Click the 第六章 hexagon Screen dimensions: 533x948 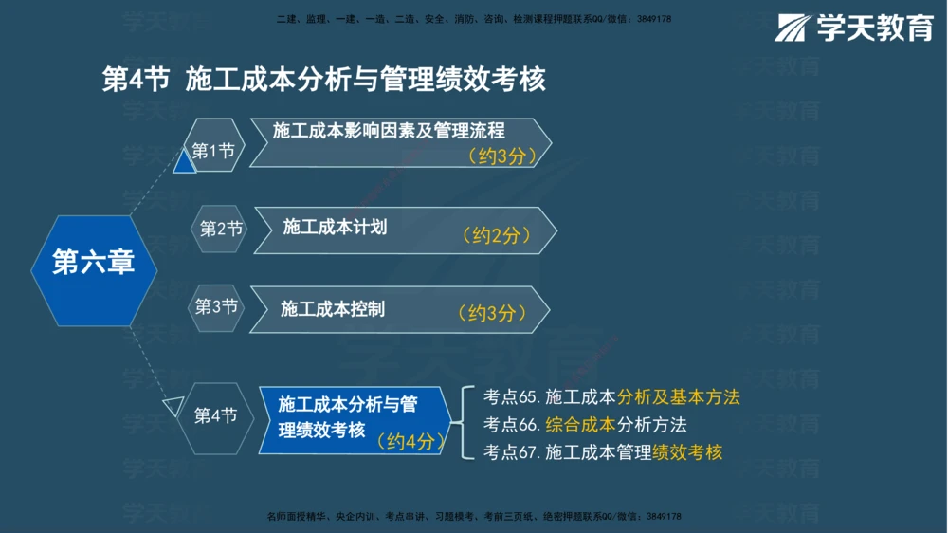click(x=93, y=262)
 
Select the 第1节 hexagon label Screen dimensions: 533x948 click(x=213, y=151)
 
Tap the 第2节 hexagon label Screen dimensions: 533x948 click(x=221, y=229)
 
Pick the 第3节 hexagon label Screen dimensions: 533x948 click(x=216, y=306)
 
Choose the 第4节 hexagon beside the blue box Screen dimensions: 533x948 click(x=215, y=415)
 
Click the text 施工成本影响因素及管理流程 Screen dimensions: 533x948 click(x=389, y=131)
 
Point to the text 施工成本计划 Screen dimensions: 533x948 click(x=335, y=228)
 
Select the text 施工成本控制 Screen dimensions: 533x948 click(x=333, y=308)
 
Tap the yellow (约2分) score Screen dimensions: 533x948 click(x=496, y=235)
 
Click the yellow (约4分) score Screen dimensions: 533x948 click(x=409, y=441)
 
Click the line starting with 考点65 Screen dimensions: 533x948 click(x=611, y=397)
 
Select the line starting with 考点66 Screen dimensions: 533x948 click(x=585, y=425)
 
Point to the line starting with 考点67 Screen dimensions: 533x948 click(x=602, y=452)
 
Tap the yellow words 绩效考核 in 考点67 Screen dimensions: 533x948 click(x=687, y=452)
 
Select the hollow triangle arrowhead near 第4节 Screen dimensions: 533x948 click(x=173, y=407)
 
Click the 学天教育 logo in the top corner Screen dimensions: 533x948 click(x=854, y=28)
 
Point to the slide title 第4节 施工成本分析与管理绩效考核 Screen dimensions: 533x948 click(x=324, y=79)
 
